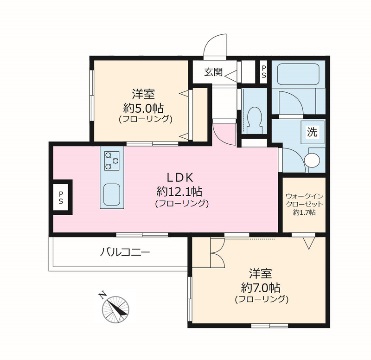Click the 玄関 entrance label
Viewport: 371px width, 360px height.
214,72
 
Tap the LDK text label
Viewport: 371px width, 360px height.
180,178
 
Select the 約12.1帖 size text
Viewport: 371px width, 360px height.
179,191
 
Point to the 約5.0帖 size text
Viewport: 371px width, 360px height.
143,109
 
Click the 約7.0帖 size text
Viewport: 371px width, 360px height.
261,288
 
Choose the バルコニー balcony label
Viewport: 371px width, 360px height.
125,252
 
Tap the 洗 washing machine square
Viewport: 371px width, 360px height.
312,132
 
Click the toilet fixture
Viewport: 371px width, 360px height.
254,120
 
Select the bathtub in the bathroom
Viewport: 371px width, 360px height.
298,74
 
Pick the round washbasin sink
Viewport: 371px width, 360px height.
312,160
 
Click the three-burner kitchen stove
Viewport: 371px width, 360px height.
112,161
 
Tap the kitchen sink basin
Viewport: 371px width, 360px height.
112,194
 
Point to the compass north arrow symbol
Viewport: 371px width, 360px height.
115,309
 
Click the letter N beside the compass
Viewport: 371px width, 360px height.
102,295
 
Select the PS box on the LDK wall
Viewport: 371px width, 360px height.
61,197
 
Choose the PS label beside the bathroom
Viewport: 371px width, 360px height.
263,72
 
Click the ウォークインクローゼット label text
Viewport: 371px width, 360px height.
304,200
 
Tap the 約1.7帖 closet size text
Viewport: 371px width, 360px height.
304,212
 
